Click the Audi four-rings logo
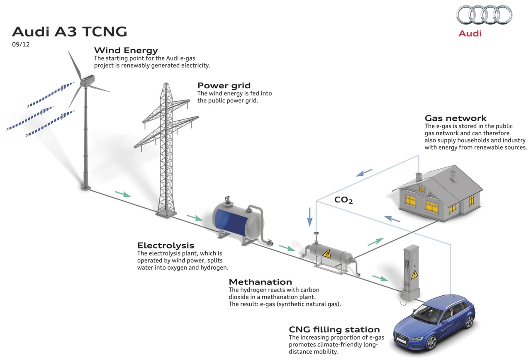pos(484,15)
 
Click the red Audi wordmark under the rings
pos(470,34)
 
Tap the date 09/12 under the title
pos(21,43)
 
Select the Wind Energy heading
pos(126,51)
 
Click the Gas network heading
pos(455,118)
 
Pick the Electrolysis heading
pos(166,246)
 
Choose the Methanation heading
pos(261,282)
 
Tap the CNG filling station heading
pos(334,330)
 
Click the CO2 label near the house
pos(343,200)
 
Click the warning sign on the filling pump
pos(414,274)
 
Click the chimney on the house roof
pos(419,177)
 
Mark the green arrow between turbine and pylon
pos(122,194)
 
